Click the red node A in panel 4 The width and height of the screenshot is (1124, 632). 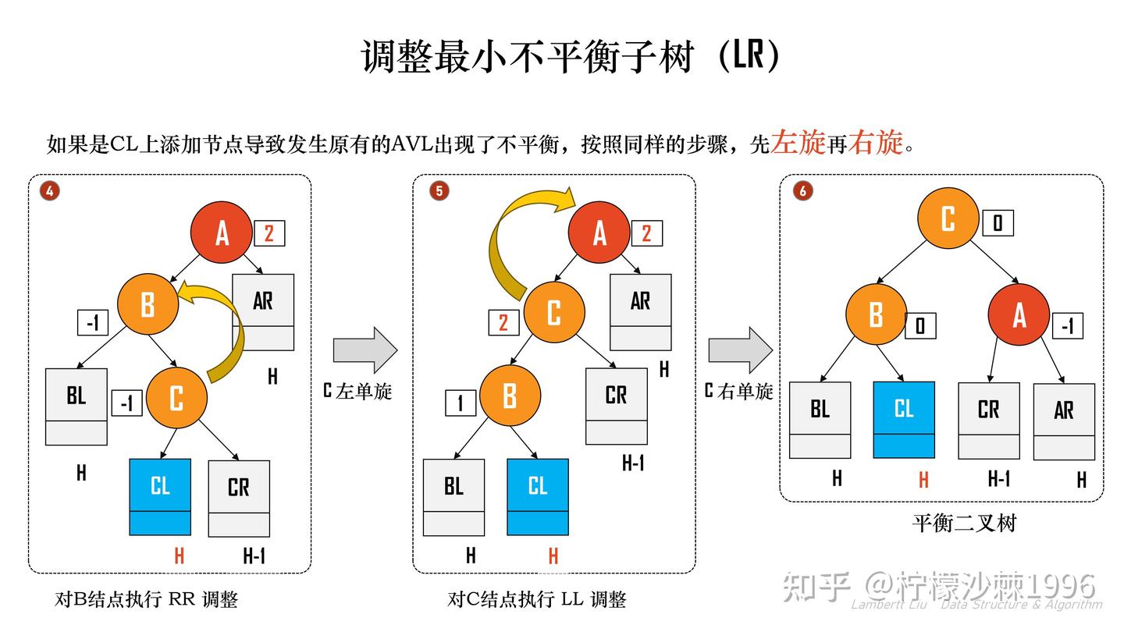(x=222, y=232)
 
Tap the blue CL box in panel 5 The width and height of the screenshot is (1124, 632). (x=538, y=497)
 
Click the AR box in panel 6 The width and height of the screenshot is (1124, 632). (x=1064, y=421)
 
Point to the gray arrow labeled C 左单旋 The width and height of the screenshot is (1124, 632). (x=365, y=350)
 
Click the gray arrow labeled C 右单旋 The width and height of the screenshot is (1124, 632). (x=740, y=350)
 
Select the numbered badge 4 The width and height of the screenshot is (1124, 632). (x=50, y=190)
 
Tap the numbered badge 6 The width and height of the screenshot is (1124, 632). (x=802, y=190)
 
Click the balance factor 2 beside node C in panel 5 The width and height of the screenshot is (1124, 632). (x=503, y=322)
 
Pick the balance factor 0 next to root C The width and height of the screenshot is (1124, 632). (x=998, y=224)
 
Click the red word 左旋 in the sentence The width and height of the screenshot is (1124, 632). (x=798, y=143)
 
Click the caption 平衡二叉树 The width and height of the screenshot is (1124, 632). (x=964, y=523)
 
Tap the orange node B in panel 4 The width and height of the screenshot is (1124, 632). (x=148, y=304)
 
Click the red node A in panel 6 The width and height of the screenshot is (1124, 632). (x=1019, y=315)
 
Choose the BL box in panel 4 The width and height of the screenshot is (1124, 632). (x=76, y=406)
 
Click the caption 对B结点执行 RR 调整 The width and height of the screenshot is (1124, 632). (x=146, y=599)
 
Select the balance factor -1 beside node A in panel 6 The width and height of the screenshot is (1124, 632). (x=1067, y=325)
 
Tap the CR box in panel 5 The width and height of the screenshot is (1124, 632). (x=617, y=406)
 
